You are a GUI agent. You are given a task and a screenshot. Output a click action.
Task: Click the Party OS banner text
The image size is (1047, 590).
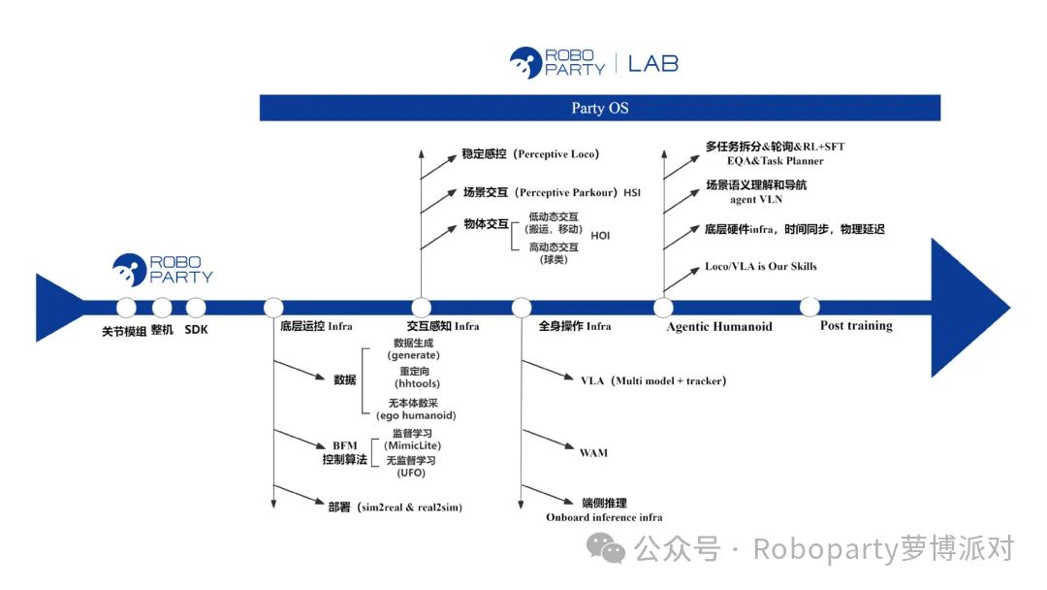600,109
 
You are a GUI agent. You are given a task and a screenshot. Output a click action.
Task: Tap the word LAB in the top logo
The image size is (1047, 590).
653,64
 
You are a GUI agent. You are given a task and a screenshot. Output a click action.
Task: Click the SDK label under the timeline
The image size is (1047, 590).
196,329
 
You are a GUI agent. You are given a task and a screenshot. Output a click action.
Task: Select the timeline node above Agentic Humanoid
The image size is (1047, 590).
663,308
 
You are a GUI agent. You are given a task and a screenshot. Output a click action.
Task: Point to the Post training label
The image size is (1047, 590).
856,325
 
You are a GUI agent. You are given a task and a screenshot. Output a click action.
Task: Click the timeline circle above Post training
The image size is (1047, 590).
809,307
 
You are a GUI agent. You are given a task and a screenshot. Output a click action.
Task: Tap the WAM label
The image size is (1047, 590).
593,453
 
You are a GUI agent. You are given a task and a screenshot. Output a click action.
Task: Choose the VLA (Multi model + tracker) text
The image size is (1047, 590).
653,380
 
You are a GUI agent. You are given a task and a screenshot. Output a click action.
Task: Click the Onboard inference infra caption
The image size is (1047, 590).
604,517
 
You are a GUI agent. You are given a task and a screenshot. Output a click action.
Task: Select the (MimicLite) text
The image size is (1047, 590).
412,445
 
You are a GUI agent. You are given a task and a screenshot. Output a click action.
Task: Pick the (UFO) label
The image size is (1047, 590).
411,474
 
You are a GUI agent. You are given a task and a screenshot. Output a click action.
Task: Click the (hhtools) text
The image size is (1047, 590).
417,383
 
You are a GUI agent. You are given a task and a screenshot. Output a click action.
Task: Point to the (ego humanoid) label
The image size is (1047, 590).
416,415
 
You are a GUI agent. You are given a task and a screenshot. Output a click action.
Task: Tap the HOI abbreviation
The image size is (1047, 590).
600,236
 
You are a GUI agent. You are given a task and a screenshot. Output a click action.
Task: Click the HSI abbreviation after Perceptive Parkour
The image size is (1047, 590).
632,192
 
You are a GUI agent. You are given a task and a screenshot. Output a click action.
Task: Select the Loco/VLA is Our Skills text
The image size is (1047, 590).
761,266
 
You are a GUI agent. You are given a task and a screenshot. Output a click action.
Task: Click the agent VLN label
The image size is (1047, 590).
756,199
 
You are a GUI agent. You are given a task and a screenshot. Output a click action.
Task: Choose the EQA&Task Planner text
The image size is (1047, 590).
776,161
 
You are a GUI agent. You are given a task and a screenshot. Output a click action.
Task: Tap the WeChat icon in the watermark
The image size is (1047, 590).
606,548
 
